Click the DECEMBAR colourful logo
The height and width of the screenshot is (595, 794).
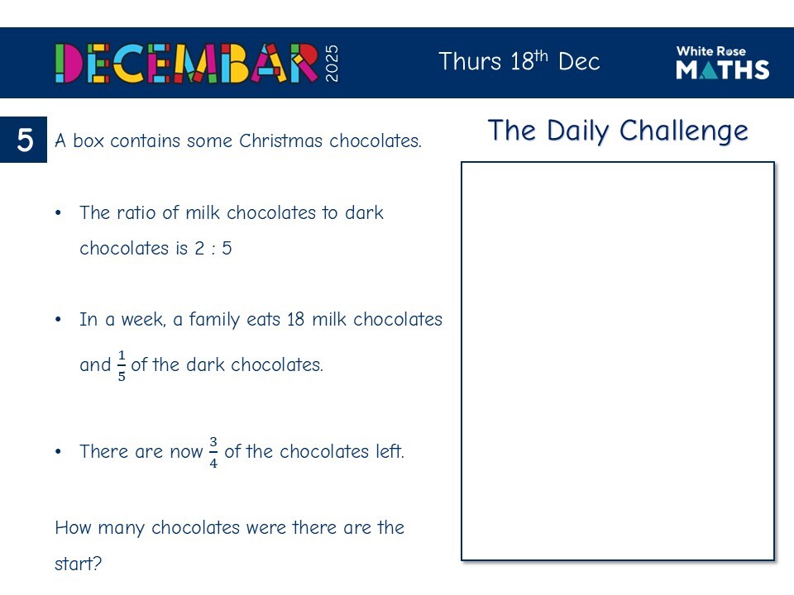coord(186,63)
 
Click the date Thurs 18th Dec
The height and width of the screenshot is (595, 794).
coord(519,62)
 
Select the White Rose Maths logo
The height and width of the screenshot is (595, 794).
coord(722,63)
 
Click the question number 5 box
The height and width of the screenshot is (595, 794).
coord(25,140)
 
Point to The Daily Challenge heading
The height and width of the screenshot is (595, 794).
coord(617,131)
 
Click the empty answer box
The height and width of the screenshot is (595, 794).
coord(617,361)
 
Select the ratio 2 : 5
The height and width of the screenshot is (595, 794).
coord(213,248)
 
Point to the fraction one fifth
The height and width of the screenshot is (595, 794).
coord(122,365)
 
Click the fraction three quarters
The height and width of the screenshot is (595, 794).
coord(213,452)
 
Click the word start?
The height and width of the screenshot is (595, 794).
coord(78,565)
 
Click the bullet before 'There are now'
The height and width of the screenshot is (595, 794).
coord(59,452)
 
